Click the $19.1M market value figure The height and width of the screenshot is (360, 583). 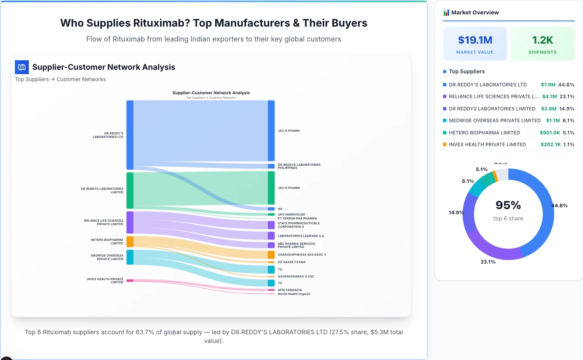475,40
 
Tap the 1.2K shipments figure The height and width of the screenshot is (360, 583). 542,40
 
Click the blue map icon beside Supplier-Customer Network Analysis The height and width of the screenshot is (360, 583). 22,67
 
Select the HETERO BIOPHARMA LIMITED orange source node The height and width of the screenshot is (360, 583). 130,242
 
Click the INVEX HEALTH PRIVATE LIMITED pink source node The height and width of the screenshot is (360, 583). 130,281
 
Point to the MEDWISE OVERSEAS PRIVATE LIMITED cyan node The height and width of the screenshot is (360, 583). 130,257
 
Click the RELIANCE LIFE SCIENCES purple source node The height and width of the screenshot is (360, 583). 130,223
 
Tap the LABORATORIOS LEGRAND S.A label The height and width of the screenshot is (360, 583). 301,236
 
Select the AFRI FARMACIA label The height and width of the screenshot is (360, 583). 290,290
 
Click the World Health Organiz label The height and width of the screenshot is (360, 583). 294,294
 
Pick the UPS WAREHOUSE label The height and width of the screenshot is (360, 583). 291,215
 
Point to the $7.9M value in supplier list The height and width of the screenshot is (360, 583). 548,85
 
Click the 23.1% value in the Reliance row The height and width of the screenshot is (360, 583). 567,97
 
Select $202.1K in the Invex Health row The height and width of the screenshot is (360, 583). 551,144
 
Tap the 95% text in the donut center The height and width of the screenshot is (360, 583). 508,205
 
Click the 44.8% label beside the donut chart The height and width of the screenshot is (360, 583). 559,206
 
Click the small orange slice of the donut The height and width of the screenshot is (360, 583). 495,175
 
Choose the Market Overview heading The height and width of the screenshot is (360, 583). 475,13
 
